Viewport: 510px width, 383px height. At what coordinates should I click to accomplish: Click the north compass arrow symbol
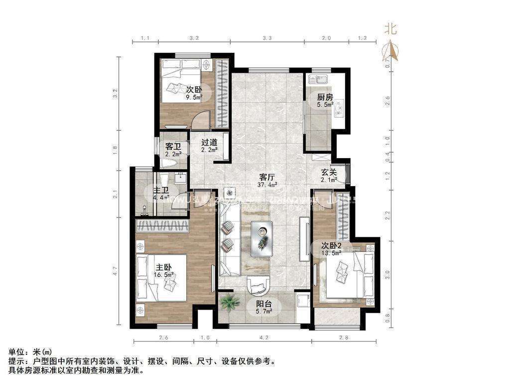coord(391,50)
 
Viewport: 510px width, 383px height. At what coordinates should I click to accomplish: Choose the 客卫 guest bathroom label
coord(172,147)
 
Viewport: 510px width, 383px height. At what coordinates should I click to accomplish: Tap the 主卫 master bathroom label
coord(160,191)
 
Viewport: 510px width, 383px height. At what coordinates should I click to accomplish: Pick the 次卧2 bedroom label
coord(331,246)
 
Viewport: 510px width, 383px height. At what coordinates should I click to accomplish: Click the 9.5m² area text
coord(194,97)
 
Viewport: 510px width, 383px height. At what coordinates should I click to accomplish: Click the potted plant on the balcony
coord(230,302)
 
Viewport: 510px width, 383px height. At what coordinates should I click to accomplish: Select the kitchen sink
coord(317,79)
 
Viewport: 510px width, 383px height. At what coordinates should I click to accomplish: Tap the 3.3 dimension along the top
coord(266,38)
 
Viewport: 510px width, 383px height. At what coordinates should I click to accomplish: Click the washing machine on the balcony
coord(301,302)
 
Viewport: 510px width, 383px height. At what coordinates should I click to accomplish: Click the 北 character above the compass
coord(390,29)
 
